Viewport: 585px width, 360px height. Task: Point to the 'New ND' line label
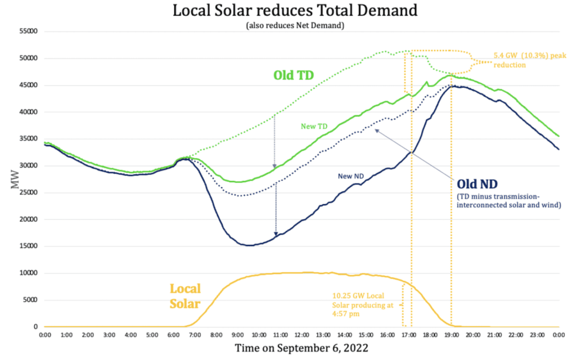tap(352, 176)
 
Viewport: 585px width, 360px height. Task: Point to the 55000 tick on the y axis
tap(27, 32)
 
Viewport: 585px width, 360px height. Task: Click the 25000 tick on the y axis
tap(27, 192)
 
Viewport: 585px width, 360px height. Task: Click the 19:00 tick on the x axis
tap(452, 335)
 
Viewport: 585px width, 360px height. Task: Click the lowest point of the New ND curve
tap(249, 245)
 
